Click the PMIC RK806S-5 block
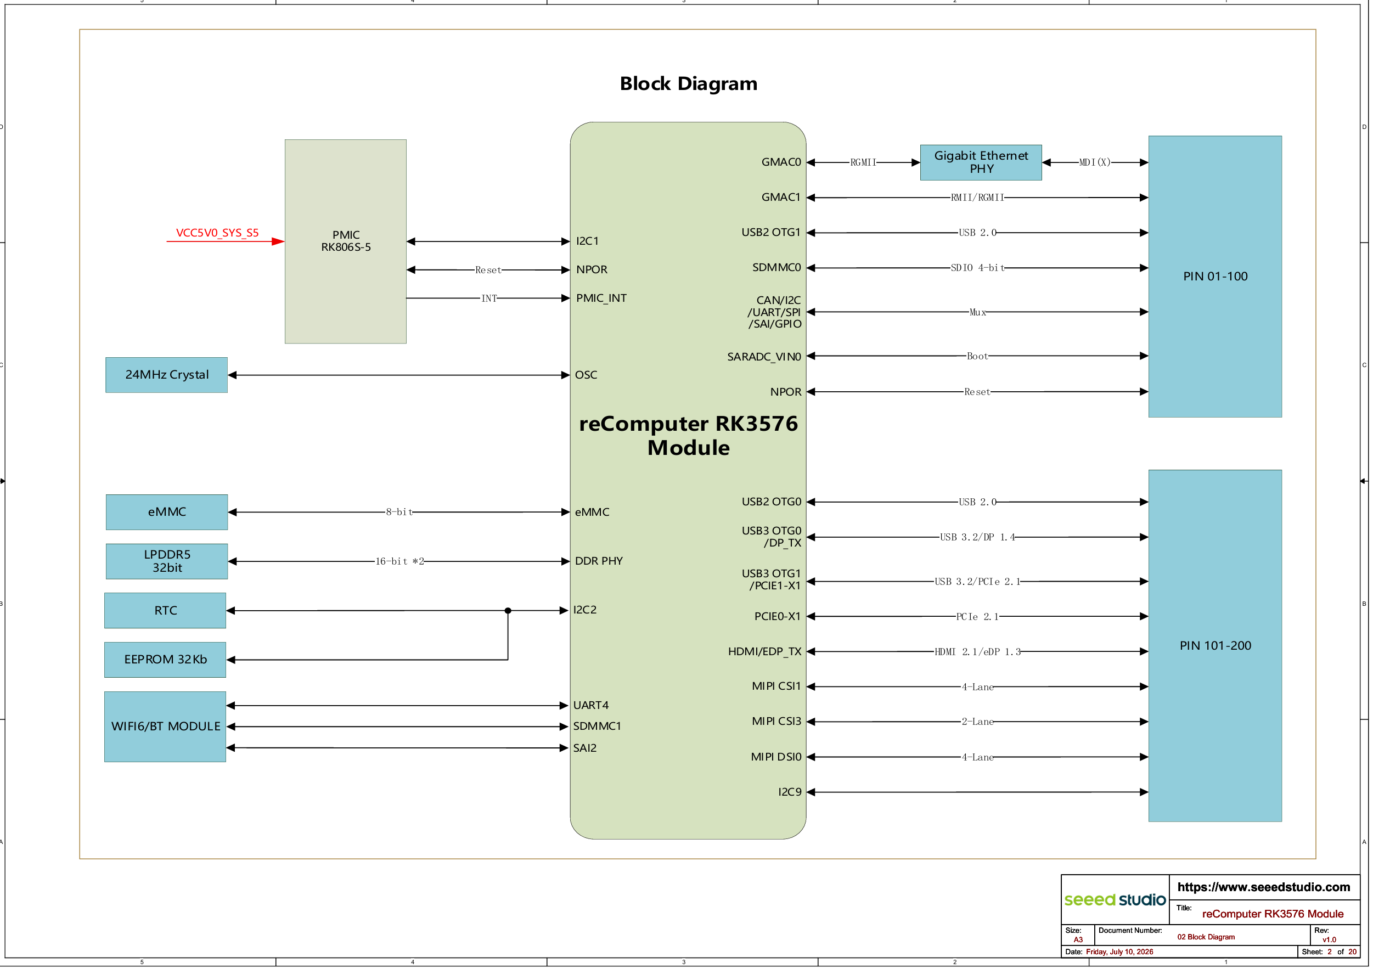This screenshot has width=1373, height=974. [346, 241]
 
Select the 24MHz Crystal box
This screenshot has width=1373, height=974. [167, 375]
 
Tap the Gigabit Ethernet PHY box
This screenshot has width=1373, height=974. [981, 162]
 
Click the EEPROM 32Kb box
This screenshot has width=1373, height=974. [166, 660]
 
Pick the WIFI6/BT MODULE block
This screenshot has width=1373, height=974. [166, 727]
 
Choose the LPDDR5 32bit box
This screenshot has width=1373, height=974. [167, 561]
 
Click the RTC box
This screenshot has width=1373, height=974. [166, 611]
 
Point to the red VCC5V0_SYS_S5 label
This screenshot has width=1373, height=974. [217, 233]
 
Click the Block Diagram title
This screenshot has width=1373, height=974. [689, 83]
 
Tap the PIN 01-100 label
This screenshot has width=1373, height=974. [1216, 277]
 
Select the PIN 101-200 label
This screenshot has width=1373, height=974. [1216, 646]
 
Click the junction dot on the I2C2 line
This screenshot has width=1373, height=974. [508, 611]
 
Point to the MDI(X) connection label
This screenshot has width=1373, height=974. [1095, 162]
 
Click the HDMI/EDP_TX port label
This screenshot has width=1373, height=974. [764, 651]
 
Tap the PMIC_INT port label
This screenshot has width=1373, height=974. [601, 298]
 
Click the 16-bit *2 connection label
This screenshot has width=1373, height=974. [399, 561]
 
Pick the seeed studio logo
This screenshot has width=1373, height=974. [1115, 899]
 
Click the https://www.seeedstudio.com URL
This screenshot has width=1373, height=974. [1263, 887]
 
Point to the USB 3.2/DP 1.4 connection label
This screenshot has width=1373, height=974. [978, 537]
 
